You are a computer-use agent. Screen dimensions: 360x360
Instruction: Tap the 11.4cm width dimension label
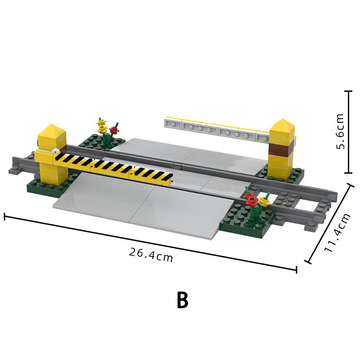click(337, 232)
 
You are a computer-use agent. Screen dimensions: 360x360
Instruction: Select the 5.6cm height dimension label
click(340, 131)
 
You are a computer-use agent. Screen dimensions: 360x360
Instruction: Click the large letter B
click(183, 300)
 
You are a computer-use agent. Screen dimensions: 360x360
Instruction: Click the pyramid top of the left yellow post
click(52, 130)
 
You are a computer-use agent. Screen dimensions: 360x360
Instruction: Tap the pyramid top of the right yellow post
click(282, 125)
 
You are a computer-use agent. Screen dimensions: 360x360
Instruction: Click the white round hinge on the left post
click(55, 152)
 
